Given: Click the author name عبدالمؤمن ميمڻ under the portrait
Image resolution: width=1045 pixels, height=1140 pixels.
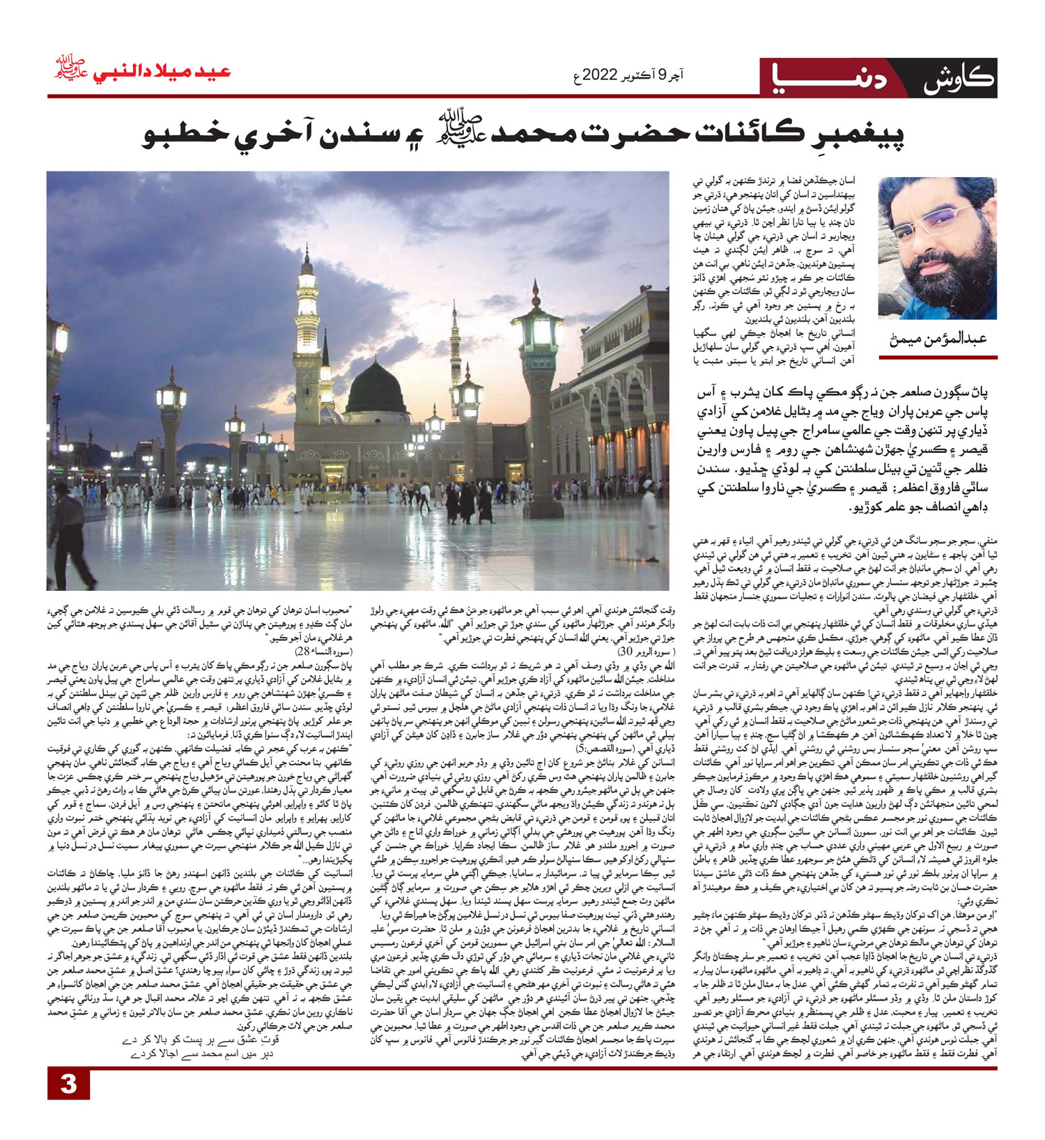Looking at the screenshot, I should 938,341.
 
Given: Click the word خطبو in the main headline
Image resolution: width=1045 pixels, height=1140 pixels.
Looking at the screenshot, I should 181,134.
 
